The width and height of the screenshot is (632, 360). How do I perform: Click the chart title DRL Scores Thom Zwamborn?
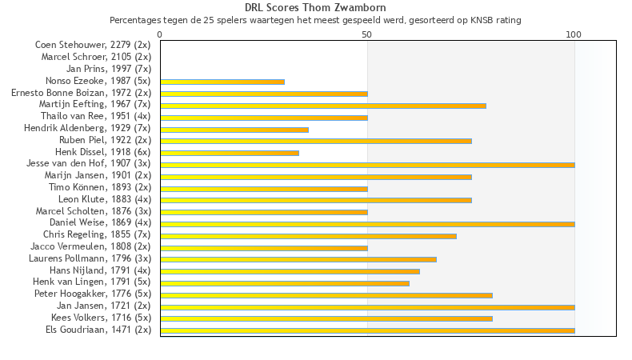[315, 8]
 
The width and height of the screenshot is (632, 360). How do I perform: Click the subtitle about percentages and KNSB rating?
[315, 19]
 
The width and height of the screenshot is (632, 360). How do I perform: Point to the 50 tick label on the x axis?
[367, 34]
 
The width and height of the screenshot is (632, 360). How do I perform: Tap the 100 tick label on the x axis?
[574, 34]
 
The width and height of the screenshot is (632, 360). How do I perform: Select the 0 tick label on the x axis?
[160, 34]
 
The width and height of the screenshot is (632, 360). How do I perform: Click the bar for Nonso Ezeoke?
[222, 82]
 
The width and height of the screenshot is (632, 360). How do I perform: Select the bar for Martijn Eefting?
[323, 106]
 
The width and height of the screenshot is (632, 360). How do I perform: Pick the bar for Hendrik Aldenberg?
[234, 129]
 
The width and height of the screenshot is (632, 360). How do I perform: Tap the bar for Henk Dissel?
[230, 153]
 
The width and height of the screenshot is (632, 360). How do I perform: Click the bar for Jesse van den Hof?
[367, 165]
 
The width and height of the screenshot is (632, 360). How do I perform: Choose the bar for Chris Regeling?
[308, 236]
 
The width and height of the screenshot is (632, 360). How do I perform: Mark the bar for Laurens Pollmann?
[298, 259]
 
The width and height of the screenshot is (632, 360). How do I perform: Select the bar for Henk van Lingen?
[285, 283]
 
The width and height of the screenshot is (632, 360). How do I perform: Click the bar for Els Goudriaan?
[367, 330]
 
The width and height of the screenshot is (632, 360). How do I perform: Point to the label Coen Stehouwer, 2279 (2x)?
[93, 45]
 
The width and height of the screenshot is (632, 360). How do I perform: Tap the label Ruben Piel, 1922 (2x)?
[105, 140]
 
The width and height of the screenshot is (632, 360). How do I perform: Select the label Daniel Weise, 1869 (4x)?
[100, 222]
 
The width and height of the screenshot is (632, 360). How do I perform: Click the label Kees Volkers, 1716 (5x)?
[101, 318]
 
